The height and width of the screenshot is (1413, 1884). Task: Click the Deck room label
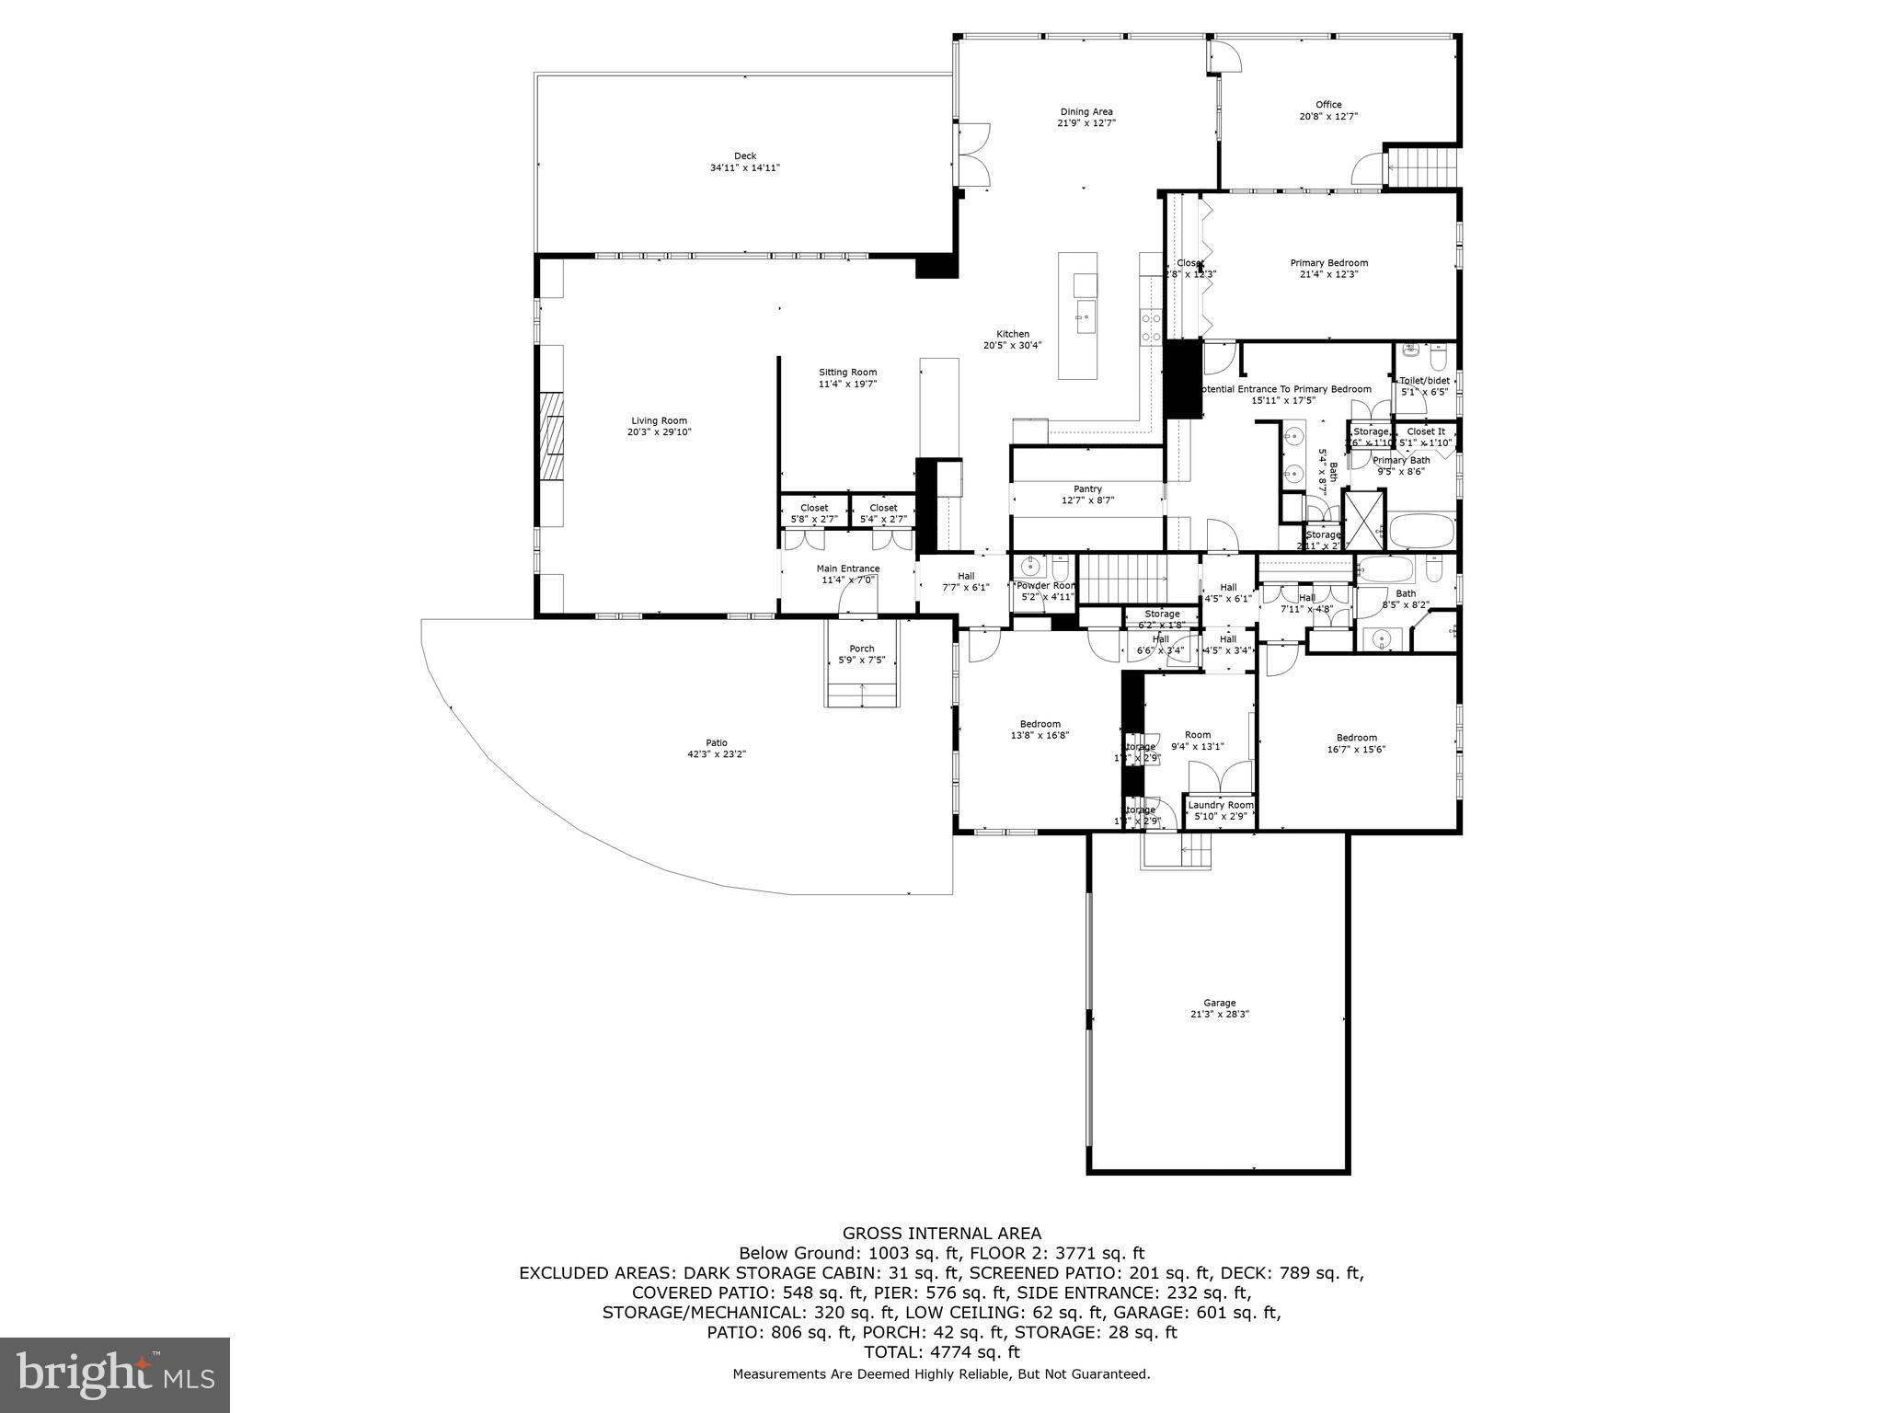coord(745,156)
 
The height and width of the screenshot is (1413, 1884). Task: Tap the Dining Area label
coord(1086,112)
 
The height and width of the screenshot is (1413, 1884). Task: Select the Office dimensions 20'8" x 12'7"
coord(1328,117)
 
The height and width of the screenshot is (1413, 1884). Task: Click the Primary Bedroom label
coord(1328,263)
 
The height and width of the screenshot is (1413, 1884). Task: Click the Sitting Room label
coord(847,373)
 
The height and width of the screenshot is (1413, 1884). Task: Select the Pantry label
coord(1087,489)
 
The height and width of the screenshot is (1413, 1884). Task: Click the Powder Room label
coord(1045,586)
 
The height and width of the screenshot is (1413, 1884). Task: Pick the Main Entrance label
coord(848,569)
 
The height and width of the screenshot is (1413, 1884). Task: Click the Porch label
coord(862,649)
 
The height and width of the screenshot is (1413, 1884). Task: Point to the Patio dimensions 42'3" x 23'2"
coord(717,754)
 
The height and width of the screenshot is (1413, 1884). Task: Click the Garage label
coord(1220,1003)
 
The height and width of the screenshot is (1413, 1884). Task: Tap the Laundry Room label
coord(1220,805)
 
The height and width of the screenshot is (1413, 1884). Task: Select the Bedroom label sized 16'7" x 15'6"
coord(1356,738)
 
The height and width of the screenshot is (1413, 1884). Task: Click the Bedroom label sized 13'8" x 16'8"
coord(1040,724)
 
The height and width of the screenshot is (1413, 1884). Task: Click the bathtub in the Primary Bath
coord(1421,532)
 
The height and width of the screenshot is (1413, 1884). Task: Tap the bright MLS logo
coord(115,1375)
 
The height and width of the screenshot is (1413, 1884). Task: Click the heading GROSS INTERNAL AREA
coord(942,1234)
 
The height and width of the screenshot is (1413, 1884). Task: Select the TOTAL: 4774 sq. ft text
coord(942,1352)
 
